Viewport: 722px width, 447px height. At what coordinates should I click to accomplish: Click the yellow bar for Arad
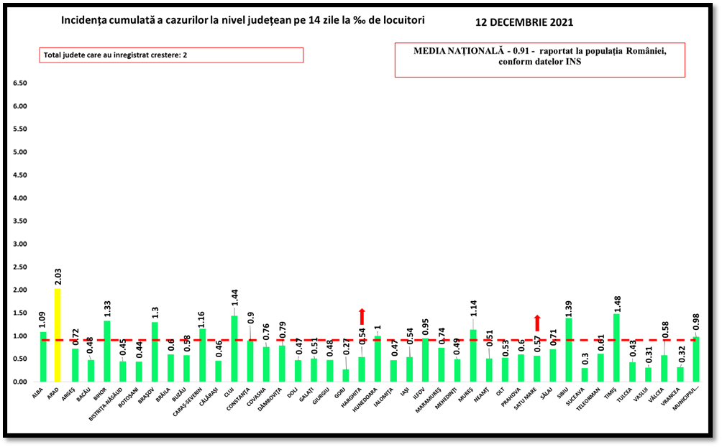tap(58, 335)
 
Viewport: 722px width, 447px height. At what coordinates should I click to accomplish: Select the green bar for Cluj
tap(234, 349)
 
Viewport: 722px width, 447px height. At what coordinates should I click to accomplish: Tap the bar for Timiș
tap(616, 348)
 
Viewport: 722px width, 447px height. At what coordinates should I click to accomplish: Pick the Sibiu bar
tap(569, 350)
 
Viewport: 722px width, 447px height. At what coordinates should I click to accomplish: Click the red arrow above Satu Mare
tap(536, 323)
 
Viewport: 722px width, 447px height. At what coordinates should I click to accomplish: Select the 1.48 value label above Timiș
tap(616, 302)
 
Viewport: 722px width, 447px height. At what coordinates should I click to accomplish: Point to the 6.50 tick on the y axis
tap(19, 83)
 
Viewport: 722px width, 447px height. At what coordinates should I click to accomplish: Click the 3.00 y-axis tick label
tap(19, 244)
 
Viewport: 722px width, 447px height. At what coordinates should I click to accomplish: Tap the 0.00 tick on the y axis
tap(19, 382)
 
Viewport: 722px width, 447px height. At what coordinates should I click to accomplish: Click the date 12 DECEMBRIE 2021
tap(524, 22)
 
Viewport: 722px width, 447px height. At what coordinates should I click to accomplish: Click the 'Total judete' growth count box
tap(172, 55)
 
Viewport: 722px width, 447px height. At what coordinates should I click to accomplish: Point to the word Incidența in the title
tap(88, 20)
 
